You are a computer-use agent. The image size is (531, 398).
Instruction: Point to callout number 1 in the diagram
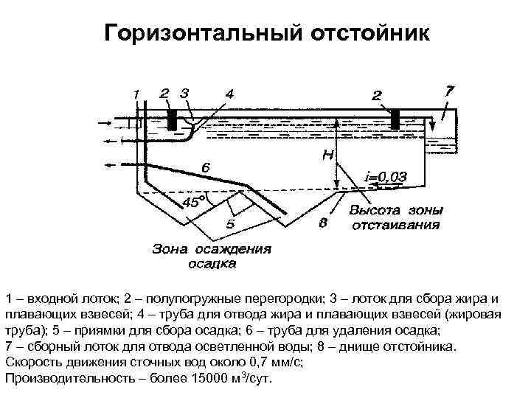pos(136,94)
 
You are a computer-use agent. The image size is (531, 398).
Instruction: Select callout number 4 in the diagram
pos(230,94)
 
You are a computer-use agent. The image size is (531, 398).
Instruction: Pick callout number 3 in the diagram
pos(184,93)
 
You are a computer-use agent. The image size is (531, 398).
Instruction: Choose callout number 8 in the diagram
pos(322,223)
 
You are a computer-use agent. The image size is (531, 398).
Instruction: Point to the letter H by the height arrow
pos(326,156)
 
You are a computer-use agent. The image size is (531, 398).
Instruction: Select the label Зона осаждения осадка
pos(211,255)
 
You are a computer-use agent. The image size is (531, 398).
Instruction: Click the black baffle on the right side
pos(395,118)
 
